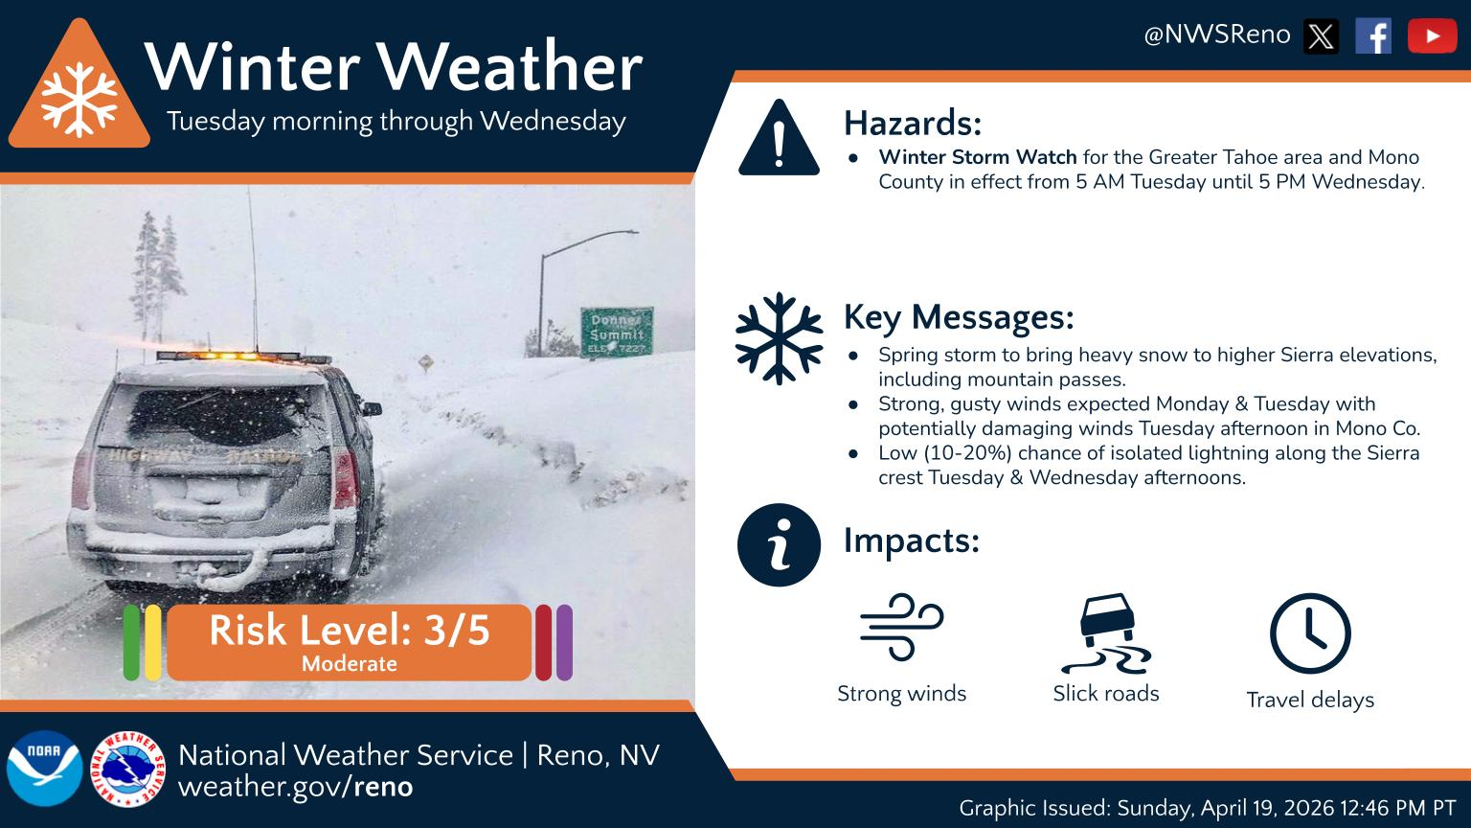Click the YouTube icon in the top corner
click(1432, 36)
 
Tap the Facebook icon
click(1372, 36)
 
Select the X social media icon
click(1321, 36)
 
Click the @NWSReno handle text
click(1217, 35)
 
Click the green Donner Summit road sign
click(617, 332)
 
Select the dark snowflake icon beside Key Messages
click(779, 338)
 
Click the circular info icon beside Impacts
click(779, 544)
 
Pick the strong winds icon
click(901, 627)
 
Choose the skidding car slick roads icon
click(1105, 632)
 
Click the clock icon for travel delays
click(1309, 633)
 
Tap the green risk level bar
click(131, 642)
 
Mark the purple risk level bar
click(564, 642)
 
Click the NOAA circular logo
click(44, 769)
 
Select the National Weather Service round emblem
click(128, 769)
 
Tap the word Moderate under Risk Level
click(349, 663)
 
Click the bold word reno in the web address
click(383, 787)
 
